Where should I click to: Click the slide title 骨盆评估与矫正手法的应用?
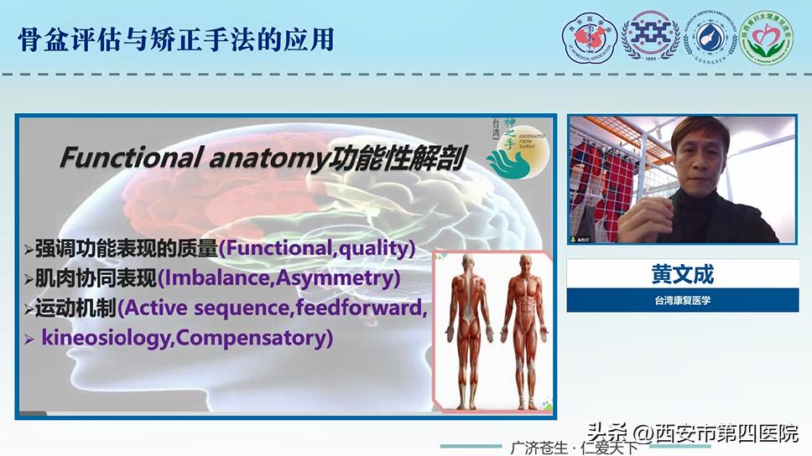(176, 39)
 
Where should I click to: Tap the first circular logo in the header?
(589, 38)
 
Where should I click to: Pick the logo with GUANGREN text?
(710, 38)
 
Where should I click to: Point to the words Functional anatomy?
(190, 158)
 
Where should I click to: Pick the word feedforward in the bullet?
(361, 308)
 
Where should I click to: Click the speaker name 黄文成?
(682, 273)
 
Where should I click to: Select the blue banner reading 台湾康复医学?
(682, 300)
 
